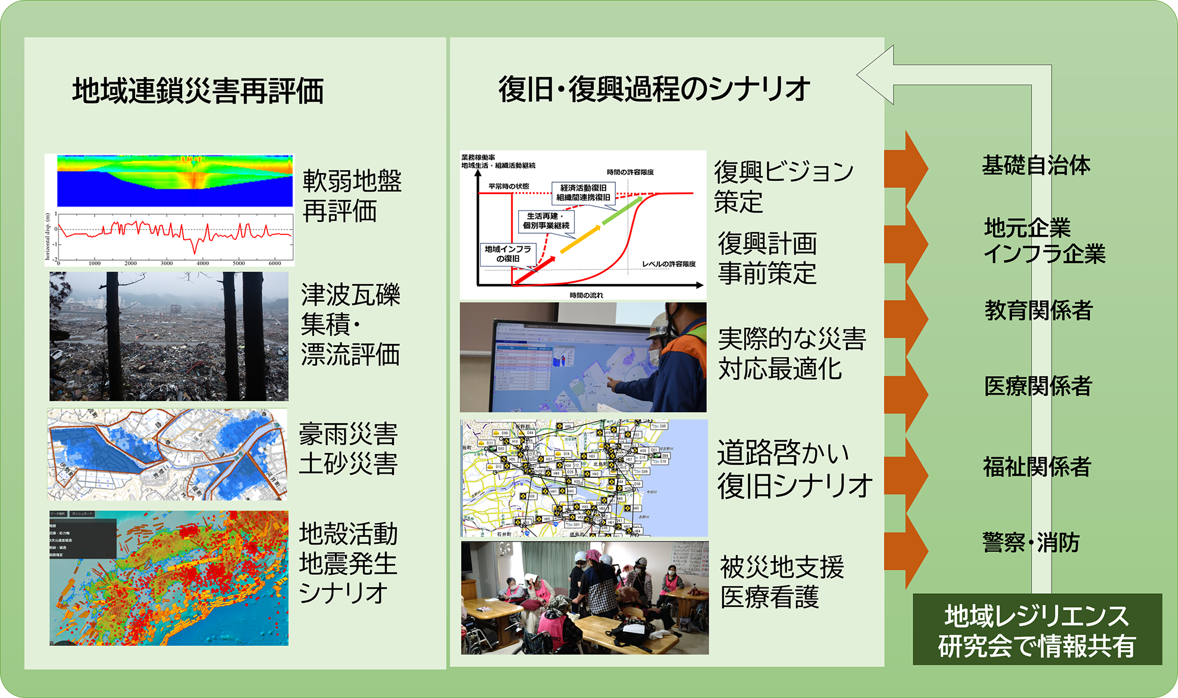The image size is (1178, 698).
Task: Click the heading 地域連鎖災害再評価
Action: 198,91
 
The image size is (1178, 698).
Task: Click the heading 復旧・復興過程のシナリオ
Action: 654,89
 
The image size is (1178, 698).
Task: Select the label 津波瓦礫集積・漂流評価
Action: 350,324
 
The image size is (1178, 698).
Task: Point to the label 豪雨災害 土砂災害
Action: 348,449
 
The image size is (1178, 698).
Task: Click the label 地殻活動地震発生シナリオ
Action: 348,563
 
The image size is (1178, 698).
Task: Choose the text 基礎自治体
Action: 1036,165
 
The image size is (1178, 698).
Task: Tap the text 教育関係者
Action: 1038,310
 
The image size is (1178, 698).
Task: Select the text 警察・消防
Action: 1030,542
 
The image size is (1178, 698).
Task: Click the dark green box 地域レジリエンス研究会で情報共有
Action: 1037,630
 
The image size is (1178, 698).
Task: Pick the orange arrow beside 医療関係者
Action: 907,393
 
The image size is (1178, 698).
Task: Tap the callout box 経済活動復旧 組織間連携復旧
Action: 583,192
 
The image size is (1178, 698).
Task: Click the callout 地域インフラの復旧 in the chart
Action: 507,253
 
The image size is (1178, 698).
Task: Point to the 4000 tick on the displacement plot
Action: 202,263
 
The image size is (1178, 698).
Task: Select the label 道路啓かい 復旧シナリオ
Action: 794,469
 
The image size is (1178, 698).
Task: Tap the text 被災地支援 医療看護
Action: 781,582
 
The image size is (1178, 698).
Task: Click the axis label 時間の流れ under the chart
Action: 586,295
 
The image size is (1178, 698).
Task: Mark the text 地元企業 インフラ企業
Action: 1044,240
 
